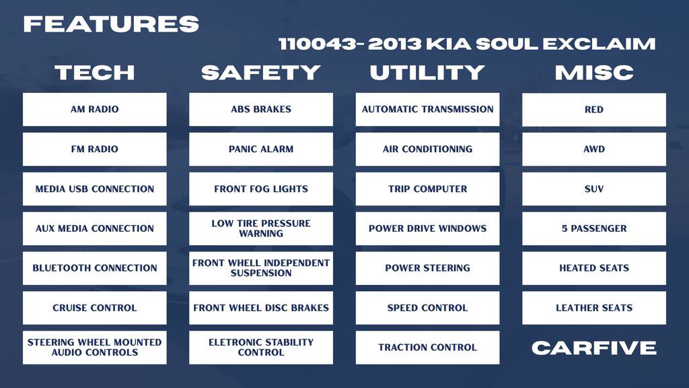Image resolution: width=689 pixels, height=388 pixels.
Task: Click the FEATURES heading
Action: click(111, 24)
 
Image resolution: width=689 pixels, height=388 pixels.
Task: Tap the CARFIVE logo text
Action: click(593, 348)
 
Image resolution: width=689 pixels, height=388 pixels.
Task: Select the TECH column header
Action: click(94, 72)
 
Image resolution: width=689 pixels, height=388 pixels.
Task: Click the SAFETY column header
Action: click(260, 72)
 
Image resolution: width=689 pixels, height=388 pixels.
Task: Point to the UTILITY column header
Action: click(427, 72)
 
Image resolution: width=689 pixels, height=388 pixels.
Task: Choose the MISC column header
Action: click(593, 72)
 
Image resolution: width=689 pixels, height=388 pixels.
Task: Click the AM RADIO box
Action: click(94, 109)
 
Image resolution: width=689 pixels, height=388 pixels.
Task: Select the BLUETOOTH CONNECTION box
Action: click(94, 268)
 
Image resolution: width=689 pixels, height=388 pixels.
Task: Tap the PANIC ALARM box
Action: click(260, 149)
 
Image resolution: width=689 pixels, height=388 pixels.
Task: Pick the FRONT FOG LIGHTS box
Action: click(260, 189)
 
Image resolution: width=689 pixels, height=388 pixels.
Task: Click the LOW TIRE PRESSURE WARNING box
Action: click(260, 228)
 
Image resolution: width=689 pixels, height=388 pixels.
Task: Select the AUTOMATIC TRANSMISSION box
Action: click(427, 109)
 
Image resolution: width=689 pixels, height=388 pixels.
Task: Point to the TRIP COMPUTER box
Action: click(427, 189)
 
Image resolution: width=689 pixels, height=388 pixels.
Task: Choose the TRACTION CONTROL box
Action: click(427, 348)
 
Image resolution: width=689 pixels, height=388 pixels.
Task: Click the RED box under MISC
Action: click(593, 109)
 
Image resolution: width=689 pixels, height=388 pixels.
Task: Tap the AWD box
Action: click(593, 149)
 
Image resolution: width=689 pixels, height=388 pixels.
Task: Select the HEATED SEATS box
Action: click(593, 268)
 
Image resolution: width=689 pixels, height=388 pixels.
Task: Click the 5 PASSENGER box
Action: click(593, 228)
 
